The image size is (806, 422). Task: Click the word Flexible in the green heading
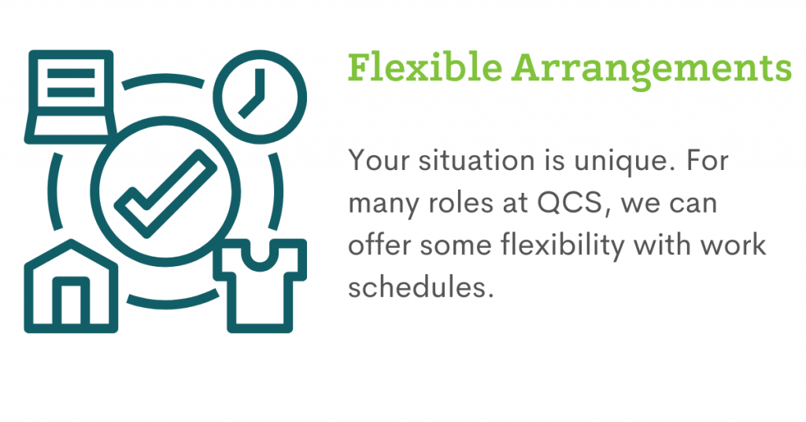(424, 67)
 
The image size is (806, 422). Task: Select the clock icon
(260, 97)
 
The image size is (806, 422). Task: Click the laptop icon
(70, 96)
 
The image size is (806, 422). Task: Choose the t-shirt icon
(260, 285)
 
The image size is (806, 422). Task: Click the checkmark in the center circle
(165, 193)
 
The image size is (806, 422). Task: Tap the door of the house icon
(71, 301)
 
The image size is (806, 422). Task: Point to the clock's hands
(253, 93)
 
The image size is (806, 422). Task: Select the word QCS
(570, 204)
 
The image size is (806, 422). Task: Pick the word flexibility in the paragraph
(562, 245)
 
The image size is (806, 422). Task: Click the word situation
(476, 161)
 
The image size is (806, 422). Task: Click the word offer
(379, 245)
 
